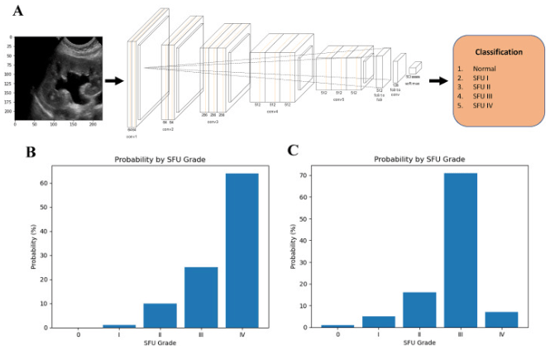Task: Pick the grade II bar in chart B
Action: (x=160, y=315)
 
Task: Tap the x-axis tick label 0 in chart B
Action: (x=78, y=335)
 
